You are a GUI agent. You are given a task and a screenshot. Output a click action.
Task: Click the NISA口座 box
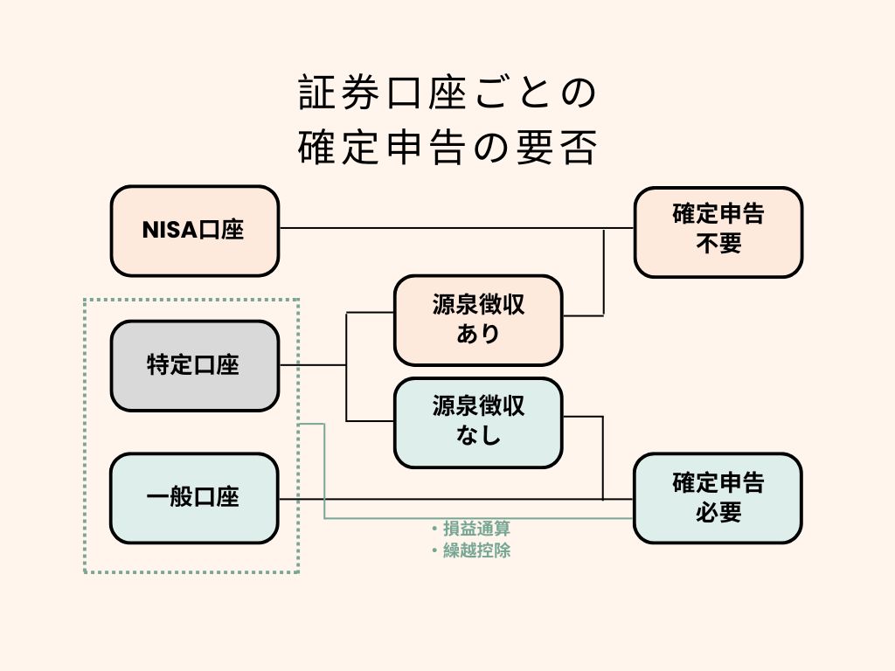click(194, 231)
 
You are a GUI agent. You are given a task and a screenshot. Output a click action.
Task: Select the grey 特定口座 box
click(194, 365)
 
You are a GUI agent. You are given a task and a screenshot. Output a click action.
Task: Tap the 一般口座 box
click(194, 498)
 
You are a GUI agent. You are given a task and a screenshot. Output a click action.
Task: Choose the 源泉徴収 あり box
click(478, 320)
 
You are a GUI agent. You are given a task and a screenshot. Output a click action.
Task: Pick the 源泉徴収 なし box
click(478, 422)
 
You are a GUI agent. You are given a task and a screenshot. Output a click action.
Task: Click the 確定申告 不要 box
click(718, 232)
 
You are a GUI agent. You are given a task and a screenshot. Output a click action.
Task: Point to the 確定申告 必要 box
click(718, 498)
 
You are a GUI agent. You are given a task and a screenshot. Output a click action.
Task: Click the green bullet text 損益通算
click(476, 529)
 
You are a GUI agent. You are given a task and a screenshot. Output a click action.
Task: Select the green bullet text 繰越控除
click(476, 550)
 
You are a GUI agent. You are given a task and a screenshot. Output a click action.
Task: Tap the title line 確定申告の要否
click(447, 148)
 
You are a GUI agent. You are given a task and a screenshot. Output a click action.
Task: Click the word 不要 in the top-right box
click(718, 244)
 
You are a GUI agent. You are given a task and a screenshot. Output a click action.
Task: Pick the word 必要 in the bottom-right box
click(718, 512)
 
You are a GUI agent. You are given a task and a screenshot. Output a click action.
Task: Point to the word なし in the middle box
click(478, 435)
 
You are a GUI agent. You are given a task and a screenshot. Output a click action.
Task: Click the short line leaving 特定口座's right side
click(312, 365)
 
